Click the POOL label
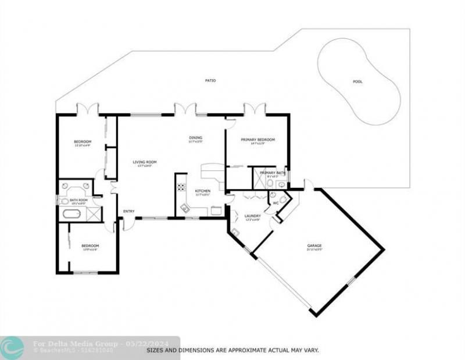[357, 81]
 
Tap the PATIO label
[210, 80]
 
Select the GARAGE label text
[314, 245]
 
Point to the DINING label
[195, 138]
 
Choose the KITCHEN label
[202, 191]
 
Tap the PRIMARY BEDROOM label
[257, 140]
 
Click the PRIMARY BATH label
[271, 173]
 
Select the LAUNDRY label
[252, 216]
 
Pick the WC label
[276, 203]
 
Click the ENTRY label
[128, 211]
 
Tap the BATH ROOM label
[78, 201]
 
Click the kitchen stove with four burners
[181, 188]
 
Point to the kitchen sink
[185, 207]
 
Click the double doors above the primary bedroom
[255, 109]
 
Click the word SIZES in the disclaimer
[154, 350]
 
